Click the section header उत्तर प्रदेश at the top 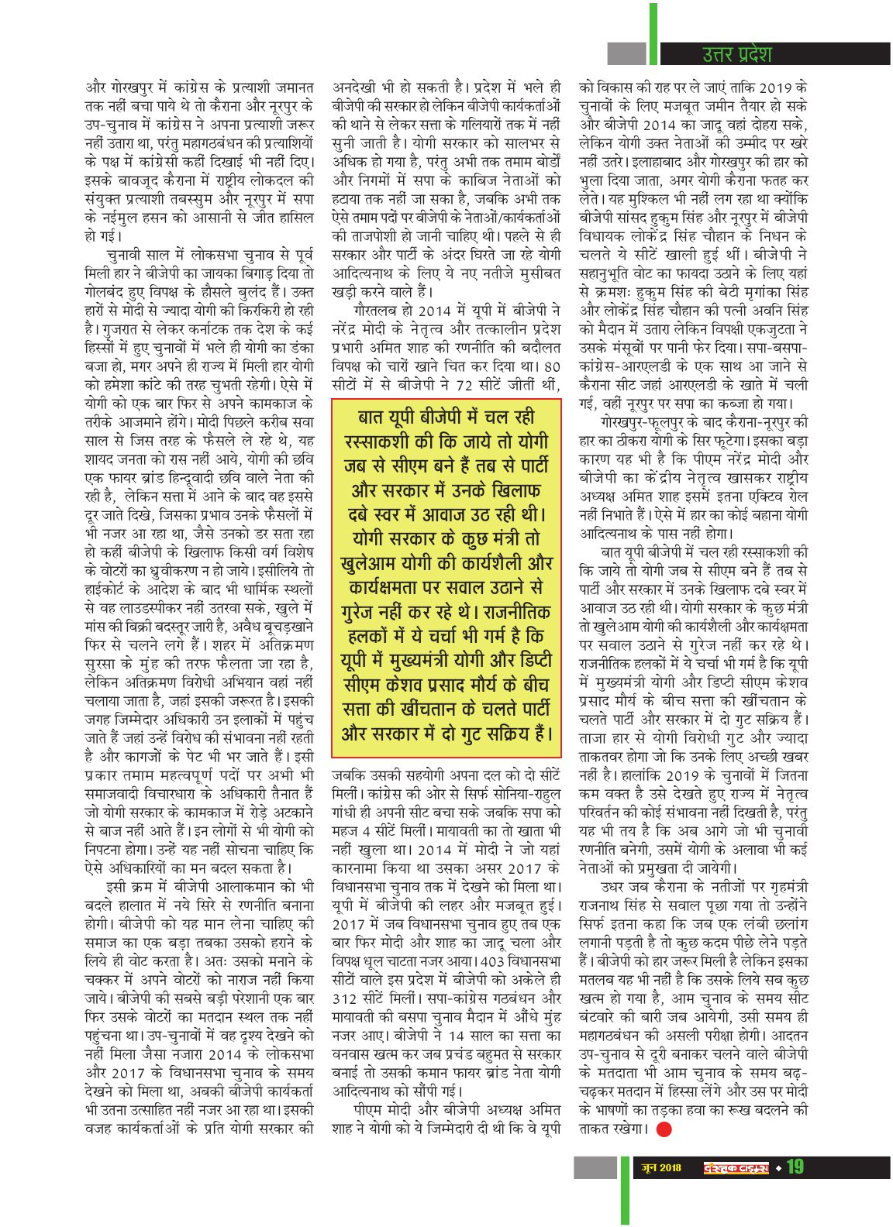pos(736,54)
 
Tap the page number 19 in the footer pos(795,1166)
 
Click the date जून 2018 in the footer pos(661,1167)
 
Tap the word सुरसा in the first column pos(104,664)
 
